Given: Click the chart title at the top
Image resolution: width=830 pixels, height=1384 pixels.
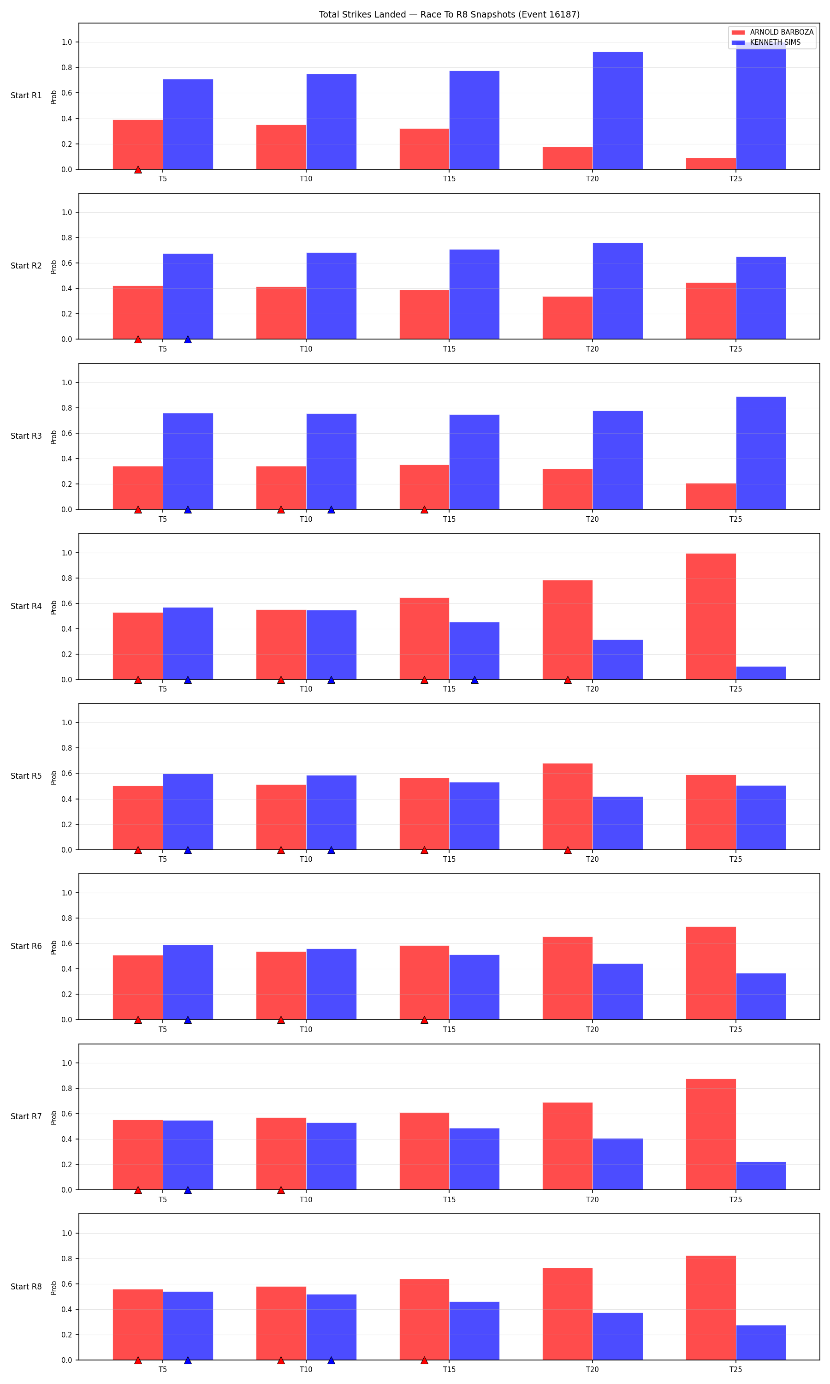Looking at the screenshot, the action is click(x=449, y=15).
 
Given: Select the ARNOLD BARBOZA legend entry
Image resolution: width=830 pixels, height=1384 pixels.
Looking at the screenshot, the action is click(x=772, y=32).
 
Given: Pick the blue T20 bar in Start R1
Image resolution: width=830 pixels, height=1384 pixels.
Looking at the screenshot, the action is click(x=617, y=111).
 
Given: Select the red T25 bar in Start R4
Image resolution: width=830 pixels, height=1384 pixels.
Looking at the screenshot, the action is click(x=711, y=616).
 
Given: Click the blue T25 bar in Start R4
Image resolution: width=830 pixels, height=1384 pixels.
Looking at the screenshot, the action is click(x=761, y=673).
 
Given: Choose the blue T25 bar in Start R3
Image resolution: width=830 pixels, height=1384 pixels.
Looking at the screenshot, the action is click(x=761, y=453).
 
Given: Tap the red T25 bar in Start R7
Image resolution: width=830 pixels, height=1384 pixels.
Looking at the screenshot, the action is click(x=711, y=1134).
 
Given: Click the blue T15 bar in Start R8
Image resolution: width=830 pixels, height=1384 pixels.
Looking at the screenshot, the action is click(x=474, y=1331).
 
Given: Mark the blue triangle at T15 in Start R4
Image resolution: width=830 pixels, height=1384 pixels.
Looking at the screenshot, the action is click(x=474, y=680).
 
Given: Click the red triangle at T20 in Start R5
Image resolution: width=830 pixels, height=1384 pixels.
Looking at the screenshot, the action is click(x=568, y=850).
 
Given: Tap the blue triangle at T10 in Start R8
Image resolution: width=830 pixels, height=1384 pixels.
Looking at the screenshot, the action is click(x=331, y=1360).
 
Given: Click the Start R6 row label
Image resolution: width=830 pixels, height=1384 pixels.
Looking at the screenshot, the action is click(x=26, y=946).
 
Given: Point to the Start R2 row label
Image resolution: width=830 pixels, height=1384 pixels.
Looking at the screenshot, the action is click(x=26, y=266).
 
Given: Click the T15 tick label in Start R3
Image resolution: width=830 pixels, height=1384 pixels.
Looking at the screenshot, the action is click(x=449, y=519).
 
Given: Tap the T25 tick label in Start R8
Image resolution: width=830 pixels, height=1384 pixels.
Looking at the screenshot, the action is click(x=735, y=1369).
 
